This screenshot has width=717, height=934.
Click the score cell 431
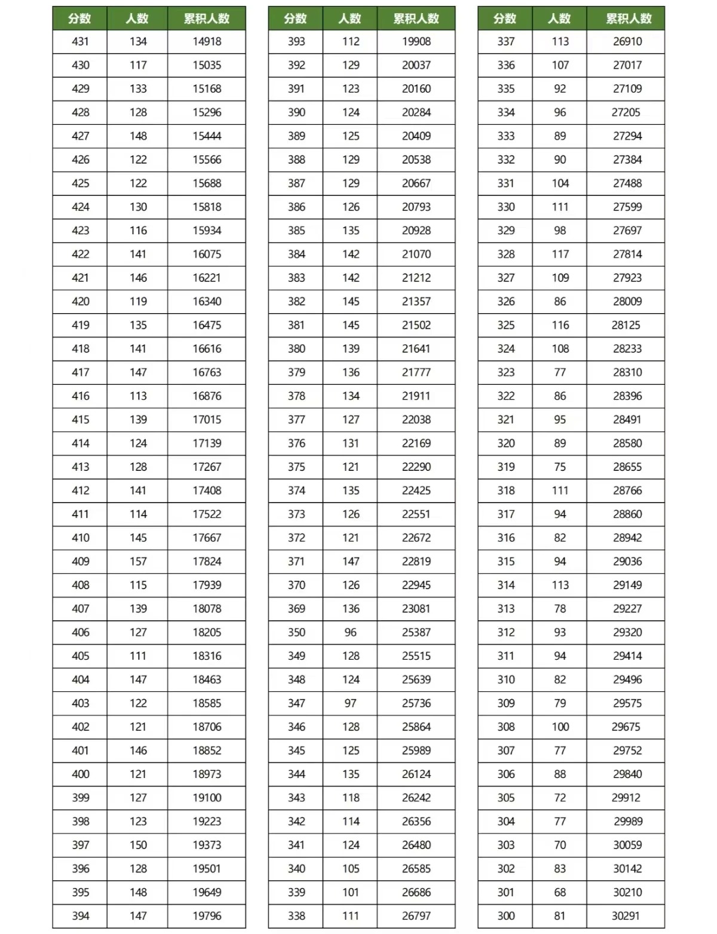click(x=80, y=42)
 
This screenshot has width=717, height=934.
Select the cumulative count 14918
click(x=207, y=42)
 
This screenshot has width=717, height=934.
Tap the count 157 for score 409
click(x=138, y=561)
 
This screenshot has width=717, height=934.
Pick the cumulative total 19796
click(x=207, y=915)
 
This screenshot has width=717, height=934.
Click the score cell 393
click(x=296, y=42)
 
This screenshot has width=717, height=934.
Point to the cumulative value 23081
click(x=416, y=608)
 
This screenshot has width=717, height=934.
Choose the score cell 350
click(x=296, y=632)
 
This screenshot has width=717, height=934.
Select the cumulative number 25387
click(x=416, y=632)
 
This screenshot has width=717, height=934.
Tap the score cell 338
click(x=296, y=915)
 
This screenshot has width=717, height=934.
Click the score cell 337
click(x=505, y=42)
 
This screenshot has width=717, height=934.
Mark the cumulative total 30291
click(x=626, y=915)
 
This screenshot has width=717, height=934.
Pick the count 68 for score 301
click(x=560, y=892)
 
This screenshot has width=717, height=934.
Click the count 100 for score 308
click(x=560, y=727)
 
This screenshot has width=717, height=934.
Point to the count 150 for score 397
click(x=138, y=845)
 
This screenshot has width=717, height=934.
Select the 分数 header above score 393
click(x=296, y=19)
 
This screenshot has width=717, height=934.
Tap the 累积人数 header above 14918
click(x=207, y=19)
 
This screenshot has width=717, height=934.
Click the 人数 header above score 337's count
click(x=560, y=19)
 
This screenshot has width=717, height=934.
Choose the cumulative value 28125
click(x=626, y=325)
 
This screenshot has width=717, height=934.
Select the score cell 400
click(x=80, y=774)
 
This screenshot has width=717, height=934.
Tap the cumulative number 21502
click(x=416, y=325)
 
